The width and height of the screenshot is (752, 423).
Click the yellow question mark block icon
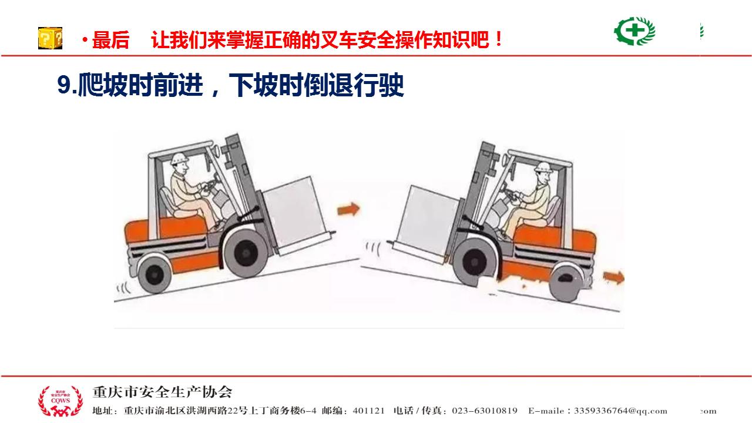pyautogui.click(x=50, y=38)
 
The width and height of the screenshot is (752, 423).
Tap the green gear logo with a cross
pyautogui.click(x=634, y=31)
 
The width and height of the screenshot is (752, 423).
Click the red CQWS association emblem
pyautogui.click(x=61, y=401)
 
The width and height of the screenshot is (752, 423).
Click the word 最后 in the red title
pyautogui.click(x=110, y=40)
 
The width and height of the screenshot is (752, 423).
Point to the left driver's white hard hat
pyautogui.click(x=179, y=159)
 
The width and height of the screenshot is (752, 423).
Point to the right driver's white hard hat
pyautogui.click(x=543, y=167)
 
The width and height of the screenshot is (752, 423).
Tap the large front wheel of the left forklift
pyautogui.click(x=246, y=253)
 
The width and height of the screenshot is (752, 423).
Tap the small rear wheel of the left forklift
pyautogui.click(x=155, y=275)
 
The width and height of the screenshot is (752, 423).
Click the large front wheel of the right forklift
pyautogui.click(x=474, y=262)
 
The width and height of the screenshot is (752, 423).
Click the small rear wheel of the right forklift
pyautogui.click(x=566, y=283)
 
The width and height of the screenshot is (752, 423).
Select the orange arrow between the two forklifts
pyautogui.click(x=348, y=209)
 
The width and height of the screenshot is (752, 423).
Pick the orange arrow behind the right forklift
pyautogui.click(x=614, y=277)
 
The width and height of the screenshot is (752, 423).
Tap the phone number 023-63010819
pyautogui.click(x=485, y=411)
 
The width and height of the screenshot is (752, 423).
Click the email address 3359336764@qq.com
pyautogui.click(x=620, y=411)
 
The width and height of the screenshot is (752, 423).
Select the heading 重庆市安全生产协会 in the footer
pyautogui.click(x=162, y=392)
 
